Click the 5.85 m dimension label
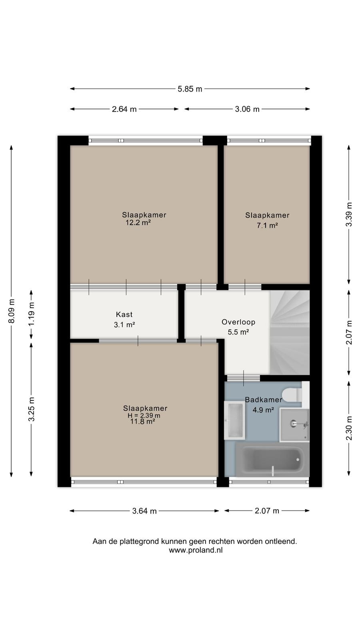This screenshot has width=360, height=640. [x=190, y=89]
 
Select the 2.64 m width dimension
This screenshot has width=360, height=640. [x=124, y=109]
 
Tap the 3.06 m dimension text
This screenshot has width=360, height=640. [x=247, y=109]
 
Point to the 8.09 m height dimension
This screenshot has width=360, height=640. [x=12, y=311]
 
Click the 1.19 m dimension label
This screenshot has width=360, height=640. [x=32, y=314]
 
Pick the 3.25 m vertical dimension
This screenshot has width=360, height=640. [x=32, y=409]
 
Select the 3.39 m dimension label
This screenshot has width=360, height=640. [x=349, y=214]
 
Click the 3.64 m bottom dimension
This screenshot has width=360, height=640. [x=144, y=511]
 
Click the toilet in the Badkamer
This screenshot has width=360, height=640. [x=292, y=394]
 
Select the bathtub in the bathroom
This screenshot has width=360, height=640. [x=272, y=460]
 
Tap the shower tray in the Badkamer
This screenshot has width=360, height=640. [x=294, y=425]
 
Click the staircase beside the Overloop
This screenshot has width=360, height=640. [x=290, y=332]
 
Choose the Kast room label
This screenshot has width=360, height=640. [x=124, y=314]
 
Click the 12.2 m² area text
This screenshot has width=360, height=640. [x=138, y=222]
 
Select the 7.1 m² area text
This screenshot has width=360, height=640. [x=268, y=226]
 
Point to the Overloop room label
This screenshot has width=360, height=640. [x=238, y=322]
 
